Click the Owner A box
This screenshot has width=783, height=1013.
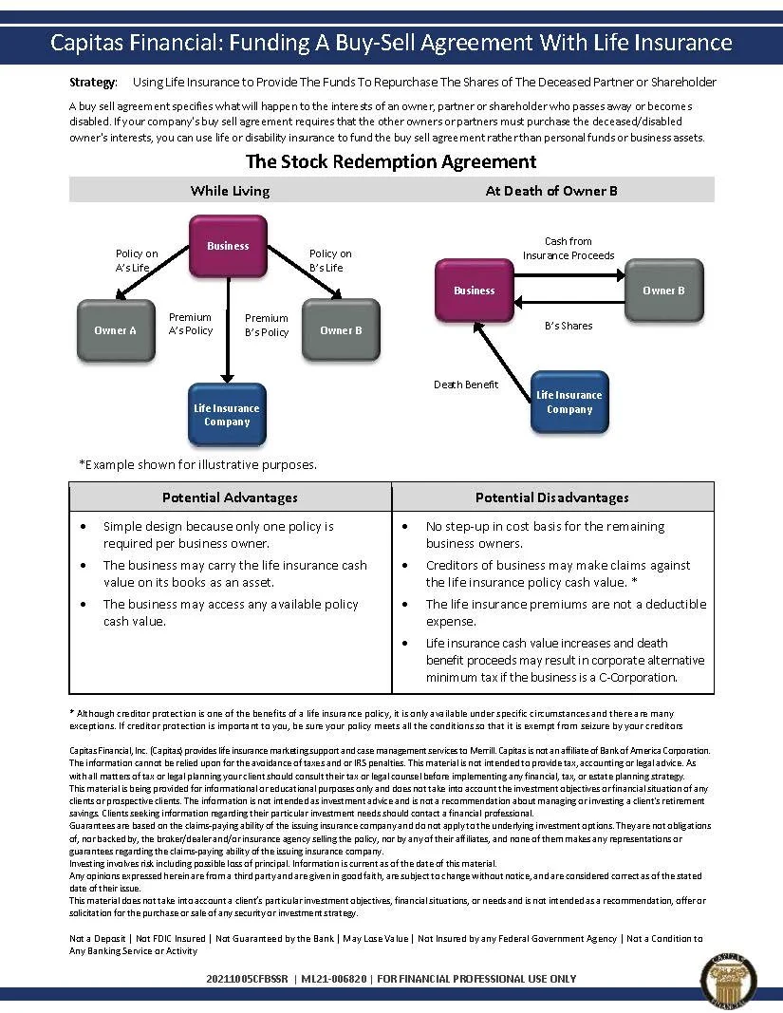[x=115, y=330]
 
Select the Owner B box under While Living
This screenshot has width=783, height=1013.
[x=341, y=330]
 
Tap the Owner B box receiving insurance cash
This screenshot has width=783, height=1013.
[x=663, y=291]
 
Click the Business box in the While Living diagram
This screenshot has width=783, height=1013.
[x=228, y=246]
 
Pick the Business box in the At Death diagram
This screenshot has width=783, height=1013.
[x=474, y=291]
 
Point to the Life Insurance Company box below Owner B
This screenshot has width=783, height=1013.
[x=569, y=403]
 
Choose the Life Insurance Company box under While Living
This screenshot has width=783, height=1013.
[x=227, y=415]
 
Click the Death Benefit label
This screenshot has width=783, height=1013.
[x=465, y=385]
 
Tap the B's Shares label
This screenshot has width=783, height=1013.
[x=569, y=326]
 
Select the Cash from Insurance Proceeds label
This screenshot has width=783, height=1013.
[x=569, y=249]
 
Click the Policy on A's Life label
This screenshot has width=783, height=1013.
[x=137, y=261]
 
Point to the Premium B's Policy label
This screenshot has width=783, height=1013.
[x=267, y=326]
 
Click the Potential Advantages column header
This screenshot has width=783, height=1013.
[x=230, y=497]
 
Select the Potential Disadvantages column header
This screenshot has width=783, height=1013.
[x=551, y=497]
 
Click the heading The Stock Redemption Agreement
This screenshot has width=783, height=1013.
[x=391, y=161]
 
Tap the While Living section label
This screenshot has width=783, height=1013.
[x=230, y=191]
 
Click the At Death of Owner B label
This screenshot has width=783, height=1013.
[x=551, y=191]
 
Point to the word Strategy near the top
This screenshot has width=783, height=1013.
[x=93, y=83]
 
